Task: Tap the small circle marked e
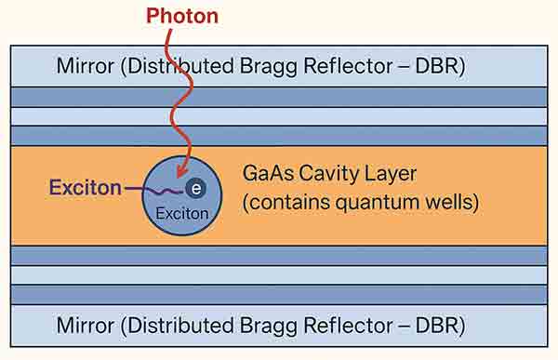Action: pos(195,189)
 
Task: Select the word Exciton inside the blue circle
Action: pos(181,213)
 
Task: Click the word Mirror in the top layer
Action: pos(85,66)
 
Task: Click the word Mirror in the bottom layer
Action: pos(85,327)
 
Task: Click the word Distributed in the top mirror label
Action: pos(168,66)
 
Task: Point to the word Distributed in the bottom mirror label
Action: pos(168,327)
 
